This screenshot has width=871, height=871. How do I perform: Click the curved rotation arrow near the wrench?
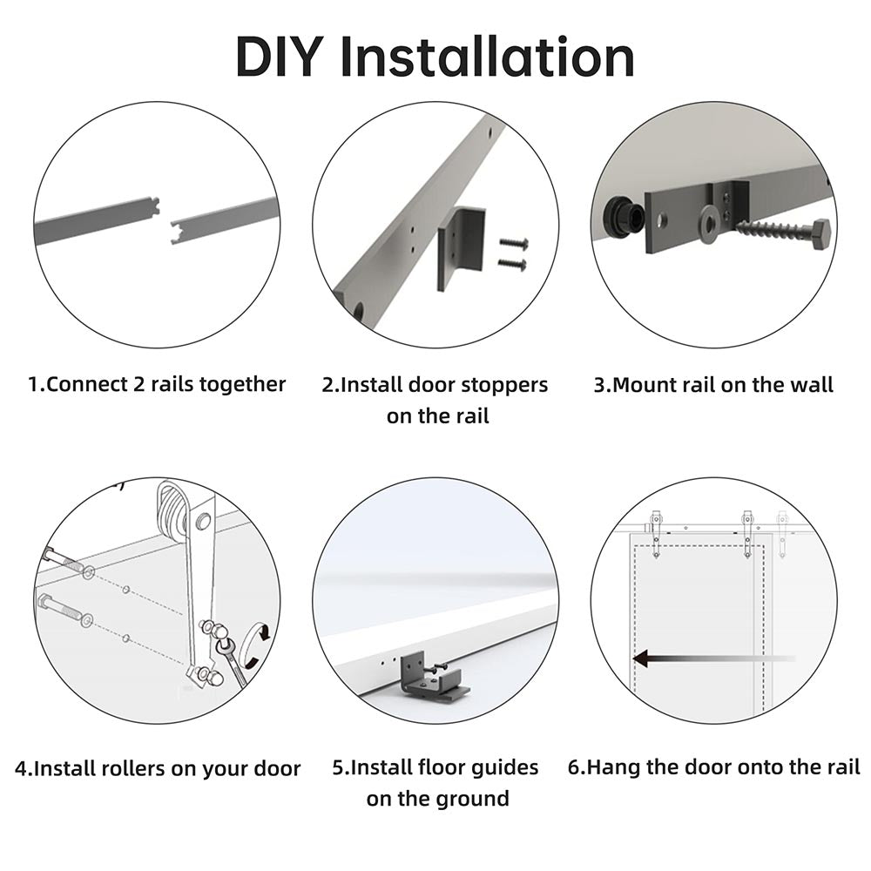(x=259, y=645)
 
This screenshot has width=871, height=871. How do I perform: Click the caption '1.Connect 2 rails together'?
(x=157, y=384)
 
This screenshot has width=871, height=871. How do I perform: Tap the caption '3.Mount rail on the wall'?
(x=713, y=384)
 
